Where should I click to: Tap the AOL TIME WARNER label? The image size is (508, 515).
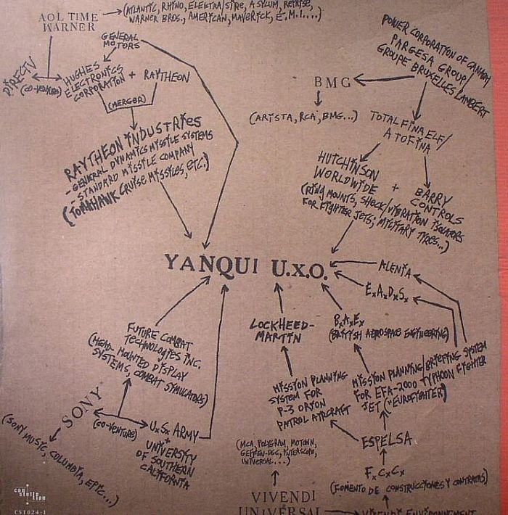[67, 20]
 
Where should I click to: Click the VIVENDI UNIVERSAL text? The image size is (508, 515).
[285, 501]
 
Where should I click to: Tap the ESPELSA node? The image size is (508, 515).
[387, 440]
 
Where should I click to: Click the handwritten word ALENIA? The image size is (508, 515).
[394, 271]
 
